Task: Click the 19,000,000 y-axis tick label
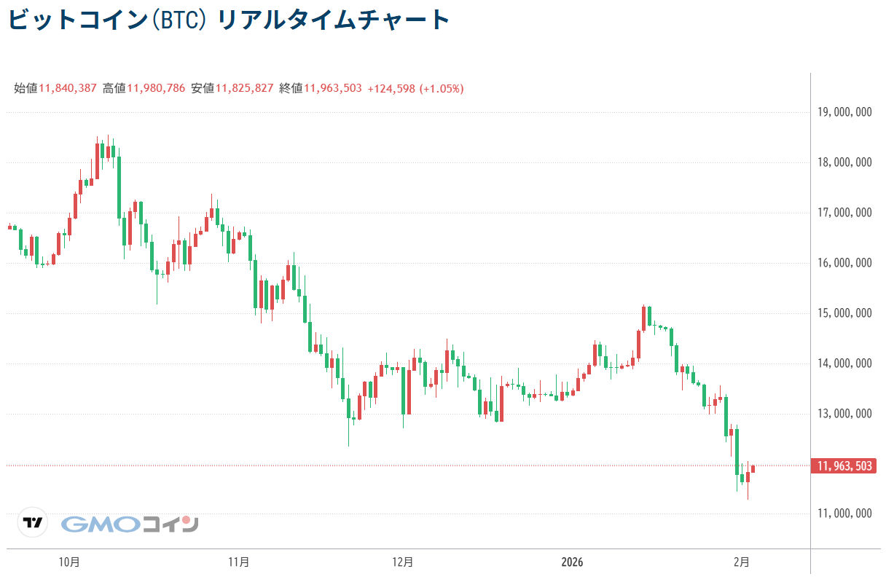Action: [844, 112]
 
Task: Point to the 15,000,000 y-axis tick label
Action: [844, 313]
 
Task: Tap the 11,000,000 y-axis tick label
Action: [844, 514]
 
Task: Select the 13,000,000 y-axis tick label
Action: [844, 414]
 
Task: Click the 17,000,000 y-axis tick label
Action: [844, 213]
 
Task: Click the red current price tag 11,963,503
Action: [843, 466]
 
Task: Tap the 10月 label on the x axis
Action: [69, 562]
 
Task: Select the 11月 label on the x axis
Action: [238, 562]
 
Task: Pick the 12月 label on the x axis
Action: [402, 562]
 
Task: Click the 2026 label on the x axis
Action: [572, 562]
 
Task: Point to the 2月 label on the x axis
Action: [741, 562]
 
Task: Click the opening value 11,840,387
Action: [67, 89]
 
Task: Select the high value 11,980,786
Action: [156, 89]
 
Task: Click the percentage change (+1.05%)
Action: [442, 89]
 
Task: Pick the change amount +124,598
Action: [391, 89]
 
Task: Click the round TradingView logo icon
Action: [33, 522]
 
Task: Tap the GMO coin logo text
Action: [130, 524]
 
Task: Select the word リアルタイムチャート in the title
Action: [334, 20]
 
